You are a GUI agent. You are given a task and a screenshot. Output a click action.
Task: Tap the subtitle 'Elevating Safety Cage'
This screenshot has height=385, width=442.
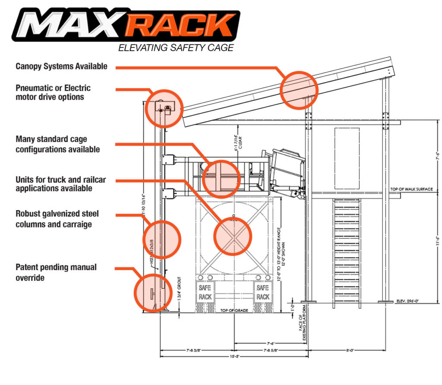(176, 48)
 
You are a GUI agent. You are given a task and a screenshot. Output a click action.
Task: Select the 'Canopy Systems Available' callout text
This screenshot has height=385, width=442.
(61, 66)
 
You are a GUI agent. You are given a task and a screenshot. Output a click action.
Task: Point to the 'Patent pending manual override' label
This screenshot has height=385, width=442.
(56, 272)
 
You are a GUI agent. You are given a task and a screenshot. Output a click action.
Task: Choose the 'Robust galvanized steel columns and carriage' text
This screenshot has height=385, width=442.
(57, 218)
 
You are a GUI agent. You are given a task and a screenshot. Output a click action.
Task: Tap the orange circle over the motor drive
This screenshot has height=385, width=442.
(164, 108)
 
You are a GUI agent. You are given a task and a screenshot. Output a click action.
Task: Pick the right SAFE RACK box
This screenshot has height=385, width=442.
(263, 292)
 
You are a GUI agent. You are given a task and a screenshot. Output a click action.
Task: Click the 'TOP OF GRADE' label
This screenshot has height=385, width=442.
(234, 310)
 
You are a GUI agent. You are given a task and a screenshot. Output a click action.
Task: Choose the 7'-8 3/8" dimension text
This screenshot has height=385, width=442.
(196, 350)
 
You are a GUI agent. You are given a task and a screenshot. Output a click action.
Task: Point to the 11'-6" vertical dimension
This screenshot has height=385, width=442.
(437, 248)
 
